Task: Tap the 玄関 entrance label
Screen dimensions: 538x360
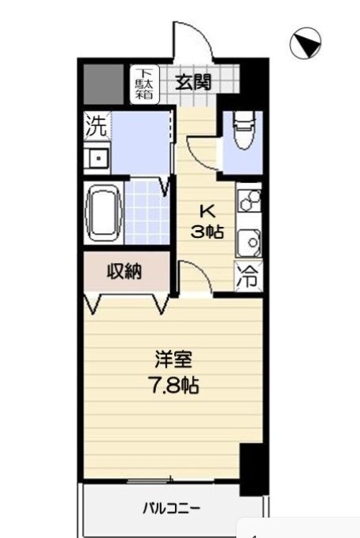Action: [x=192, y=81]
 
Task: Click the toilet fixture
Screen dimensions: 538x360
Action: [x=243, y=130]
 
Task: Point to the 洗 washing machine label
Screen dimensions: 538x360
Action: [x=95, y=126]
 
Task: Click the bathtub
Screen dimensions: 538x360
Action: [x=102, y=213]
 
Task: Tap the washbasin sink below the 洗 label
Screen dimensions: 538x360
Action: [x=98, y=158]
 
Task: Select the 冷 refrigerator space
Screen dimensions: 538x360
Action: [x=248, y=277]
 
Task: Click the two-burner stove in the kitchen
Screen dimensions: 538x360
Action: [x=249, y=202]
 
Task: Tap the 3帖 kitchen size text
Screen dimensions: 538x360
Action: [x=208, y=231]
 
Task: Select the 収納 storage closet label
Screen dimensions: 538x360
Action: [x=124, y=273]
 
